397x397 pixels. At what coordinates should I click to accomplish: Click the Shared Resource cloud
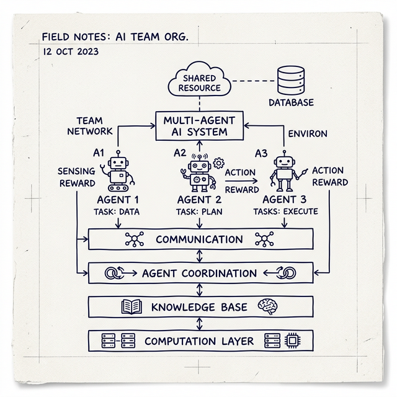(x=199, y=82)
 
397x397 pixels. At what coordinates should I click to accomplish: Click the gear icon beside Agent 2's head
(x=218, y=163)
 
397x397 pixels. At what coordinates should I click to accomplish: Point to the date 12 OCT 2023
(x=71, y=51)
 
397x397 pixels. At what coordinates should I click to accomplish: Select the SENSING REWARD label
(x=77, y=177)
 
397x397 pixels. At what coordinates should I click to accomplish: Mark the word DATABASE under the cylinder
(x=291, y=102)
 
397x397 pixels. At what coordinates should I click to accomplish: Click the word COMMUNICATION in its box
(x=199, y=239)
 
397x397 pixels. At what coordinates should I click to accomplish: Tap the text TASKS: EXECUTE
(x=285, y=212)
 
